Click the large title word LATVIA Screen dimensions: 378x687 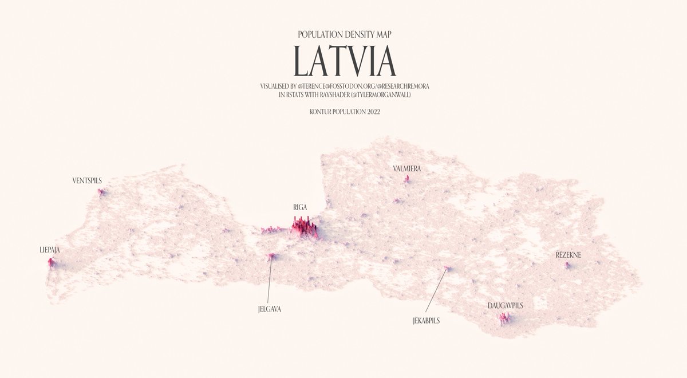(343, 60)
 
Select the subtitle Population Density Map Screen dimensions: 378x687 (344, 34)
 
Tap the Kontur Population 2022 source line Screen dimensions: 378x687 (344, 112)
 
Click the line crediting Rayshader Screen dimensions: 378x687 (343, 94)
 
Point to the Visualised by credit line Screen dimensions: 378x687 (343, 86)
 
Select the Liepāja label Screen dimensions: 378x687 (50, 250)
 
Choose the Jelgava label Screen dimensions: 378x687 (270, 309)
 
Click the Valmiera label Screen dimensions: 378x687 (407, 169)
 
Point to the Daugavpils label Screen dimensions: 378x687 (506, 306)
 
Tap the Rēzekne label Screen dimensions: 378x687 (568, 254)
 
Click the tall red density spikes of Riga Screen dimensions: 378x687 (303, 228)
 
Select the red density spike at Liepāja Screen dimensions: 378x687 (52, 263)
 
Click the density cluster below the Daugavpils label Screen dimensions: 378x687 (505, 318)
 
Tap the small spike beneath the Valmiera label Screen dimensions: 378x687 (407, 179)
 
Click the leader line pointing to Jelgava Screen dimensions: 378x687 (269, 281)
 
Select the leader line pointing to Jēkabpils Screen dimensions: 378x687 (436, 292)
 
